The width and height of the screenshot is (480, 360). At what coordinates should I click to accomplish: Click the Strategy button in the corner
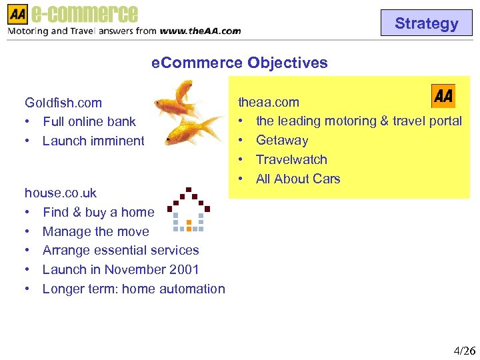click(426, 23)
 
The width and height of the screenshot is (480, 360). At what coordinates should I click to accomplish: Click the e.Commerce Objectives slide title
click(239, 63)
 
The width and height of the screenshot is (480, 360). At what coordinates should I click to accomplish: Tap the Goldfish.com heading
click(63, 103)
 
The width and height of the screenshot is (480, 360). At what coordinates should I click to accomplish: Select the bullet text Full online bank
click(89, 121)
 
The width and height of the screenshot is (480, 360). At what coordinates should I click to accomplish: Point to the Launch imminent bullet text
click(93, 141)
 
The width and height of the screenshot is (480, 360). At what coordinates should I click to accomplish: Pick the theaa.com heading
click(269, 102)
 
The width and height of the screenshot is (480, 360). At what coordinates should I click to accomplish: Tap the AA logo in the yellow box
click(443, 96)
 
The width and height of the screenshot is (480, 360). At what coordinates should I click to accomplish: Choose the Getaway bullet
click(282, 140)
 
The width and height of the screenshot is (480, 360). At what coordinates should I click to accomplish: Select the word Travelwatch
click(291, 159)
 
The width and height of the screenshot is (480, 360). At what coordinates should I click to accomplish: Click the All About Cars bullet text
click(298, 179)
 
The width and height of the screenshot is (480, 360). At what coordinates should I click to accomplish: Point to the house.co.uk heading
click(61, 193)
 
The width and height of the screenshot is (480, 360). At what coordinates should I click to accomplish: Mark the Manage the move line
click(95, 231)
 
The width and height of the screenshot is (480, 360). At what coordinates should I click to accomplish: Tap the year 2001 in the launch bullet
click(185, 269)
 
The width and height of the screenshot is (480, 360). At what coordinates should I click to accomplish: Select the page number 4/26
click(464, 351)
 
